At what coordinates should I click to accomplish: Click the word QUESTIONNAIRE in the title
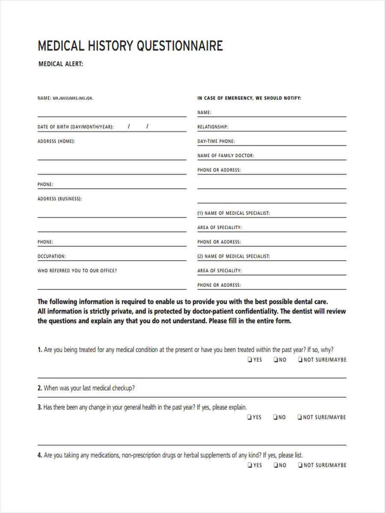(x=180, y=46)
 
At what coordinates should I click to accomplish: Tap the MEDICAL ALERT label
(x=61, y=65)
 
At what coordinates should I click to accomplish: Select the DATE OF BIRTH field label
(x=76, y=127)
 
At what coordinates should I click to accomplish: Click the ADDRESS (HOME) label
(x=56, y=142)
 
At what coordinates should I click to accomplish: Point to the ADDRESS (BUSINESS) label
(x=59, y=199)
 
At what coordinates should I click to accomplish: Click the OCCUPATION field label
(x=51, y=256)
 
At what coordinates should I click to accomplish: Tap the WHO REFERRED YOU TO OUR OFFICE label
(x=77, y=271)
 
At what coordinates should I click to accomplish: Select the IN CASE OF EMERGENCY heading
(x=249, y=98)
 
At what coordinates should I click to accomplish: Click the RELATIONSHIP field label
(x=213, y=127)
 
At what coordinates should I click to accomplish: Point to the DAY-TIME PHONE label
(x=216, y=142)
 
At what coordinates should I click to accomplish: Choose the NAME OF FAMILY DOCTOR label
(x=225, y=156)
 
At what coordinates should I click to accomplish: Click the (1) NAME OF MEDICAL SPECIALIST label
(x=233, y=213)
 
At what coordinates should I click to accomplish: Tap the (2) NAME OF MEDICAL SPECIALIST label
(x=233, y=256)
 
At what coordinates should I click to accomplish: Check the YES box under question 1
(x=249, y=360)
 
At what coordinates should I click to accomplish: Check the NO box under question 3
(x=276, y=417)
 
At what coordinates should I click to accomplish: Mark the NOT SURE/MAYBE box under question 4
(x=300, y=465)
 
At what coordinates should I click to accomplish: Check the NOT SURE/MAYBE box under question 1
(x=300, y=360)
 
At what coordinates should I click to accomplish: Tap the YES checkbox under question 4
(x=249, y=465)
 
